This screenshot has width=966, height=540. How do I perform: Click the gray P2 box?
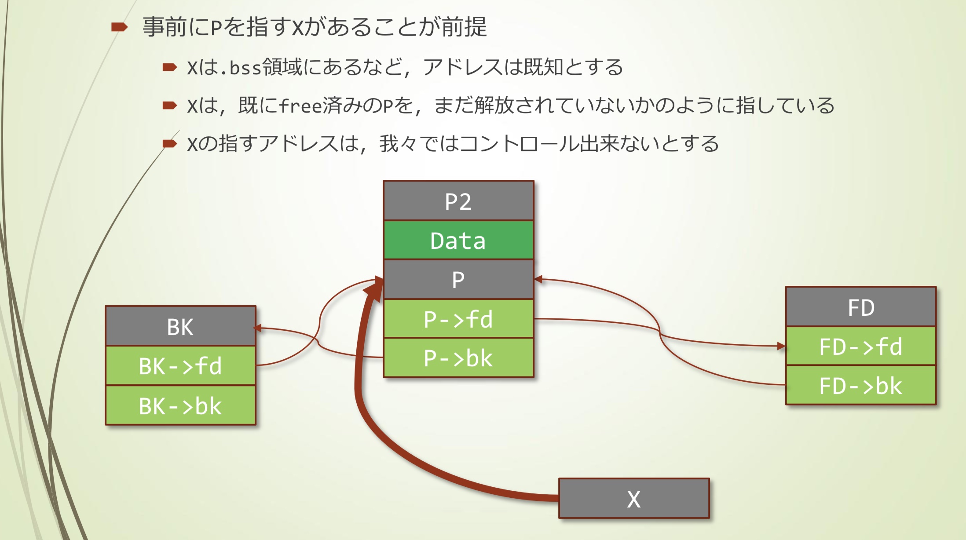(458, 201)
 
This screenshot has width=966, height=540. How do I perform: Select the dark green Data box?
(458, 240)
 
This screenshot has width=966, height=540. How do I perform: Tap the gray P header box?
(458, 279)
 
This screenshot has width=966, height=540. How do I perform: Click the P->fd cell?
(458, 319)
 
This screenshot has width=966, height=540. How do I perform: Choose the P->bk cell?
(458, 358)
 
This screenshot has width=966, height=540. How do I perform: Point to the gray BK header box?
(180, 326)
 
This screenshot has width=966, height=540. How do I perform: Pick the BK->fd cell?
(180, 366)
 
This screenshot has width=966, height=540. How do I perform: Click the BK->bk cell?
(180, 405)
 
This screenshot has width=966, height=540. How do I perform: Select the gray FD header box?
(861, 307)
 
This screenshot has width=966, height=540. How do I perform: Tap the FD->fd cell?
(861, 346)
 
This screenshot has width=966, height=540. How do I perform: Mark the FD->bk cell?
(861, 385)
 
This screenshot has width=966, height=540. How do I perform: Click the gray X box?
(634, 499)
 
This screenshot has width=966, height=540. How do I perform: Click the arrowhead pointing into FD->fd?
(781, 346)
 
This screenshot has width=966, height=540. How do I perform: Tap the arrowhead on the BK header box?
(258, 328)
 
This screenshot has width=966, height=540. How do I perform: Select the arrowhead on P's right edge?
(538, 279)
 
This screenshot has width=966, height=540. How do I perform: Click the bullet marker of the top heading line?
(119, 27)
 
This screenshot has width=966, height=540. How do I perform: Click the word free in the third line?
(300, 106)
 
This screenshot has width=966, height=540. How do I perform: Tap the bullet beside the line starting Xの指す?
(169, 143)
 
